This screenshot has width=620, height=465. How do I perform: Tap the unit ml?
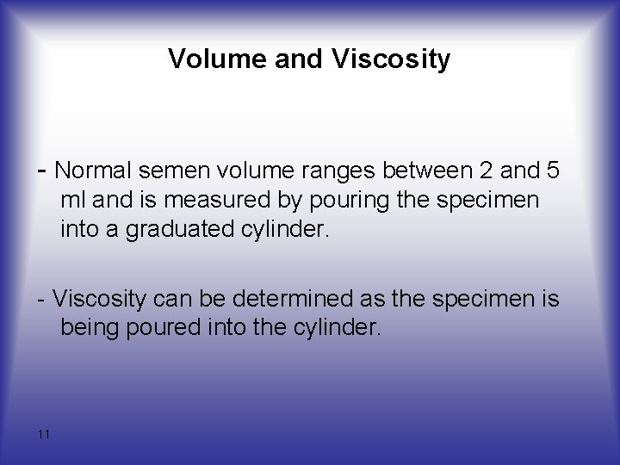pyautogui.click(x=71, y=201)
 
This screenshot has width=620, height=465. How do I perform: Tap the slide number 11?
pyautogui.click(x=44, y=433)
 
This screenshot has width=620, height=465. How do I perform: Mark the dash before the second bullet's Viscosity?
pyautogui.click(x=42, y=300)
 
